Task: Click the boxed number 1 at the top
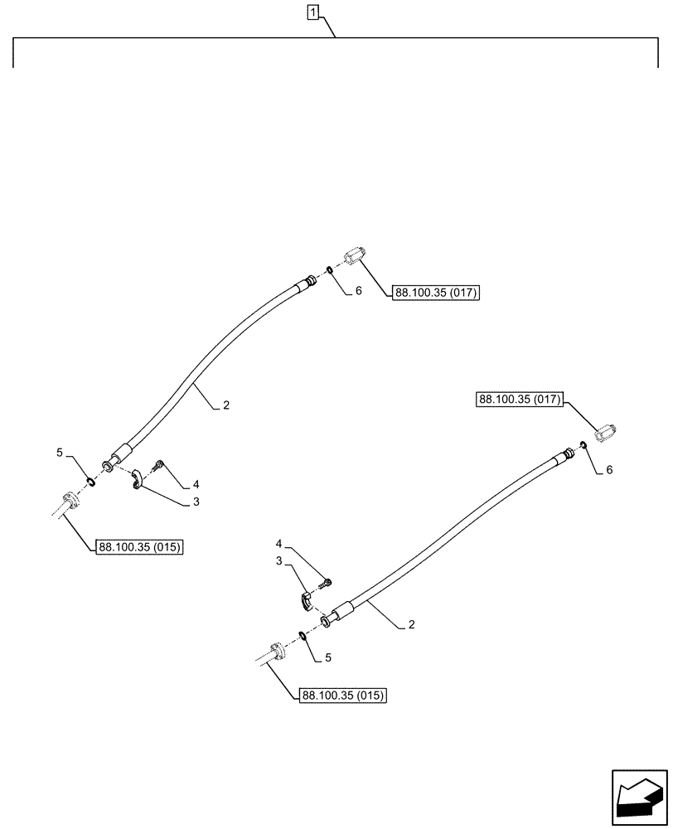pyautogui.click(x=312, y=12)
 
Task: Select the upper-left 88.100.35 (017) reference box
pyautogui.click(x=436, y=292)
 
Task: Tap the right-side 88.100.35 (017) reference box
pyautogui.click(x=520, y=400)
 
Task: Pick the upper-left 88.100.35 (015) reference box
pyautogui.click(x=140, y=546)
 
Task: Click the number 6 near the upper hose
pyautogui.click(x=358, y=291)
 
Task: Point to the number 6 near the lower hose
pyautogui.click(x=609, y=469)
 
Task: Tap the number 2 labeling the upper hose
pyautogui.click(x=225, y=406)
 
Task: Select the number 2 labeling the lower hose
pyautogui.click(x=410, y=626)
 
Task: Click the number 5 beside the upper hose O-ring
pyautogui.click(x=60, y=452)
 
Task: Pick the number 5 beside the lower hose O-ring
pyautogui.click(x=328, y=658)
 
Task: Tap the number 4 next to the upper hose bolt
pyautogui.click(x=195, y=483)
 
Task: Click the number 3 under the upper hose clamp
pyautogui.click(x=196, y=501)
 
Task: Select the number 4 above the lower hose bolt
pyautogui.click(x=279, y=544)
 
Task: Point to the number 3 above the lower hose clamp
pyautogui.click(x=279, y=561)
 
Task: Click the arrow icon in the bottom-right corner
pyautogui.click(x=640, y=798)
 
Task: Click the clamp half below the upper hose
pyautogui.click(x=139, y=480)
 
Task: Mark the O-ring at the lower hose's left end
pyautogui.click(x=304, y=637)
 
